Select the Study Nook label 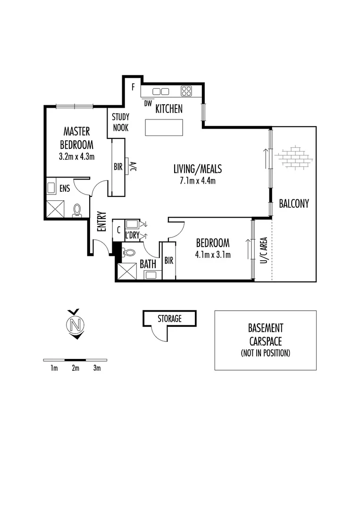pos(120,122)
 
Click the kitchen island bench pos(164,127)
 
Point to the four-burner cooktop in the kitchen pos(186,91)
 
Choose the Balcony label pos(293,204)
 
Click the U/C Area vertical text pos(263,250)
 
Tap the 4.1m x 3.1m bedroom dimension pos(213,255)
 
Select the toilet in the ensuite pos(77,210)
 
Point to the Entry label pos(101,221)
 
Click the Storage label pos(169,319)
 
